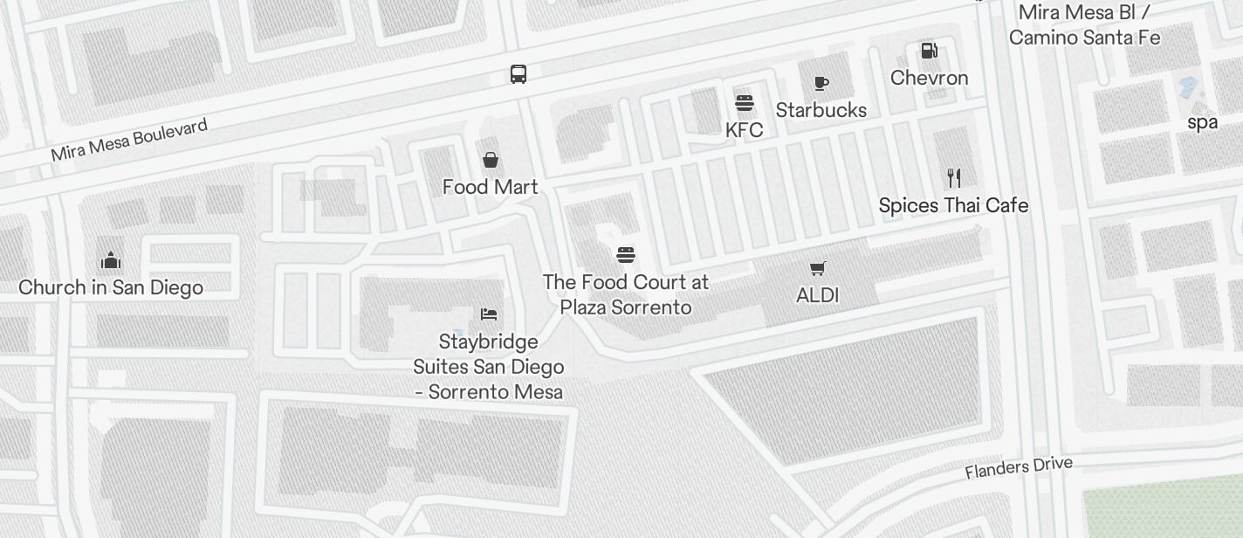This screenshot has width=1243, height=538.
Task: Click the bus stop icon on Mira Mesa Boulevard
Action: (x=518, y=74)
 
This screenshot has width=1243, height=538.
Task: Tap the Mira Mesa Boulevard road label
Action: (x=129, y=141)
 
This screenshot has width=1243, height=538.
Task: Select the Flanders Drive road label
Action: (x=1018, y=467)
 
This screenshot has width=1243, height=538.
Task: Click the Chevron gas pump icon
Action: (x=929, y=51)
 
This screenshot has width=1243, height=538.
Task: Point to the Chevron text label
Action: (x=929, y=78)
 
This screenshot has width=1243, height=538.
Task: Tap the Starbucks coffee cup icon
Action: (x=821, y=83)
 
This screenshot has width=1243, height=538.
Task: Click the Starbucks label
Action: (x=821, y=110)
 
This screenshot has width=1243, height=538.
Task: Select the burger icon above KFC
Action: (x=744, y=103)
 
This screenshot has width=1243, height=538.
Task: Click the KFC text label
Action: (x=744, y=130)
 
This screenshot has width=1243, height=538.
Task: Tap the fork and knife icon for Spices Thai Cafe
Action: (x=954, y=178)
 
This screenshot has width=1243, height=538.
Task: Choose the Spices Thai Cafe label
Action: (x=953, y=205)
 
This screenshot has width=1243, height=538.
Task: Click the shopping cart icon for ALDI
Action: (x=817, y=268)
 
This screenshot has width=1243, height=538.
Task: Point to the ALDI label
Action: (x=817, y=295)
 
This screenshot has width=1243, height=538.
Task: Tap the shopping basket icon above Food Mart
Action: (x=491, y=160)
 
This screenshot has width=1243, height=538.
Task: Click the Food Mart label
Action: (x=491, y=187)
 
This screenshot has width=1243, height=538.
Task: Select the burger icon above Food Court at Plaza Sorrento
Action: (x=626, y=255)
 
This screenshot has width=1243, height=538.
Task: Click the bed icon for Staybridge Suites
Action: (x=489, y=314)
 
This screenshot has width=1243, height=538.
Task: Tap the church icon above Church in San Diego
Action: (x=110, y=260)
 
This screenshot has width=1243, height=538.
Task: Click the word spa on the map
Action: (x=1202, y=122)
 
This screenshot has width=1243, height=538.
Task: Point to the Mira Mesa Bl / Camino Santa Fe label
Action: (x=1084, y=25)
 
